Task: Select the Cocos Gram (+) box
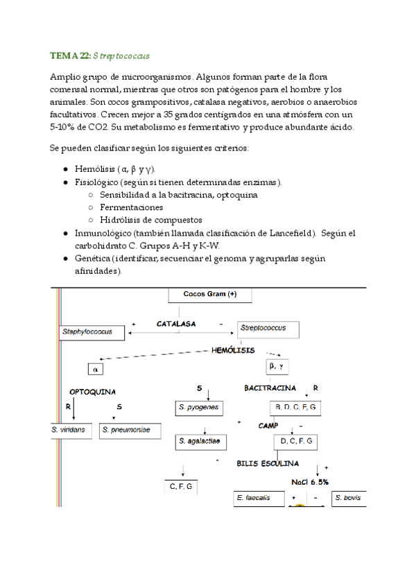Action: tap(209, 295)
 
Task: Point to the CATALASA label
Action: tap(176, 324)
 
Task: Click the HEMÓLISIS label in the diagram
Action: tap(233, 351)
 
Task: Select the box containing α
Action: tap(97, 370)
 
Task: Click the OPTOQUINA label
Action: tap(92, 392)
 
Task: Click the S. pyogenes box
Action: tap(199, 408)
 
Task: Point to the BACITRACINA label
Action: tap(270, 388)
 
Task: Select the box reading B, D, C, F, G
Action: tap(295, 408)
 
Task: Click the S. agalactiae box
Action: tap(201, 440)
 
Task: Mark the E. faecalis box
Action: tap(259, 498)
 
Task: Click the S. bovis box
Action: tap(347, 498)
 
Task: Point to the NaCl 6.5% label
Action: tap(310, 481)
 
